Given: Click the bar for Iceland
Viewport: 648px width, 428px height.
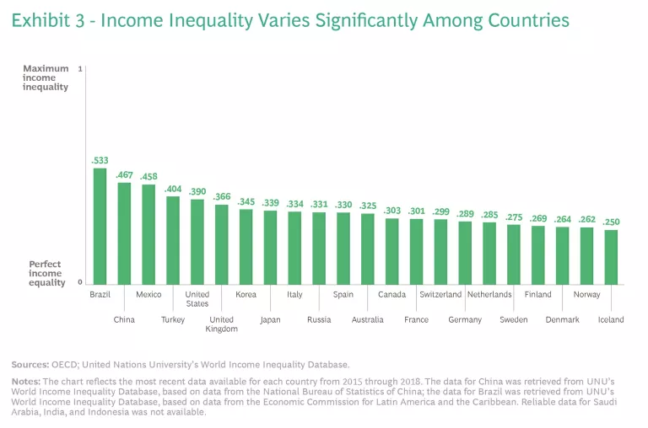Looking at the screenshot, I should (x=611, y=257).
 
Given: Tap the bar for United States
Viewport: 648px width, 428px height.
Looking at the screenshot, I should (x=197, y=242).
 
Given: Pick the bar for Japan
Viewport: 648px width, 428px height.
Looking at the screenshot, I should (x=270, y=247).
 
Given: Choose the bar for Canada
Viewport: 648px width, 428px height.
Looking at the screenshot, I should (x=391, y=251).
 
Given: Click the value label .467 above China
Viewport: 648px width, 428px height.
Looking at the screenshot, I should (x=124, y=174).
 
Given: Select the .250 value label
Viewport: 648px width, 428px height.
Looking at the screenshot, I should (x=611, y=222).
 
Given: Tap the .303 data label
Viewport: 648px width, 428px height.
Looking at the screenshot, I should (x=391, y=211).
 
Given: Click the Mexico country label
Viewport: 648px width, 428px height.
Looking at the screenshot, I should (x=148, y=295).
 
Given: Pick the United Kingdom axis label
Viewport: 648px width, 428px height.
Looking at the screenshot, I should (x=221, y=324).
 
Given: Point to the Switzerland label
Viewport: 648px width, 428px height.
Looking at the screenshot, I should (x=440, y=295).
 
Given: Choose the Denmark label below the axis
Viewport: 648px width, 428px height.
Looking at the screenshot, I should (x=562, y=320).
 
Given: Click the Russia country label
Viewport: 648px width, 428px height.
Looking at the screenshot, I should (x=319, y=320).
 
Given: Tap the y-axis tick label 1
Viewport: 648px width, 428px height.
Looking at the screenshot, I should (x=80, y=68).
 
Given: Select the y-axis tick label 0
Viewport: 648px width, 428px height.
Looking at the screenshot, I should (x=80, y=283).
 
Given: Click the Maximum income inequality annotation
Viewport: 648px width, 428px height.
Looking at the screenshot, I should (x=46, y=78).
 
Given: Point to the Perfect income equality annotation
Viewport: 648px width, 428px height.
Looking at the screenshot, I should (x=47, y=274).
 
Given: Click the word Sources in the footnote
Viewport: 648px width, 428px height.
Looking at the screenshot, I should (x=29, y=365).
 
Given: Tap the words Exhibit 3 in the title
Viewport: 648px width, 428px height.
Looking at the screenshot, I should (x=49, y=20).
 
